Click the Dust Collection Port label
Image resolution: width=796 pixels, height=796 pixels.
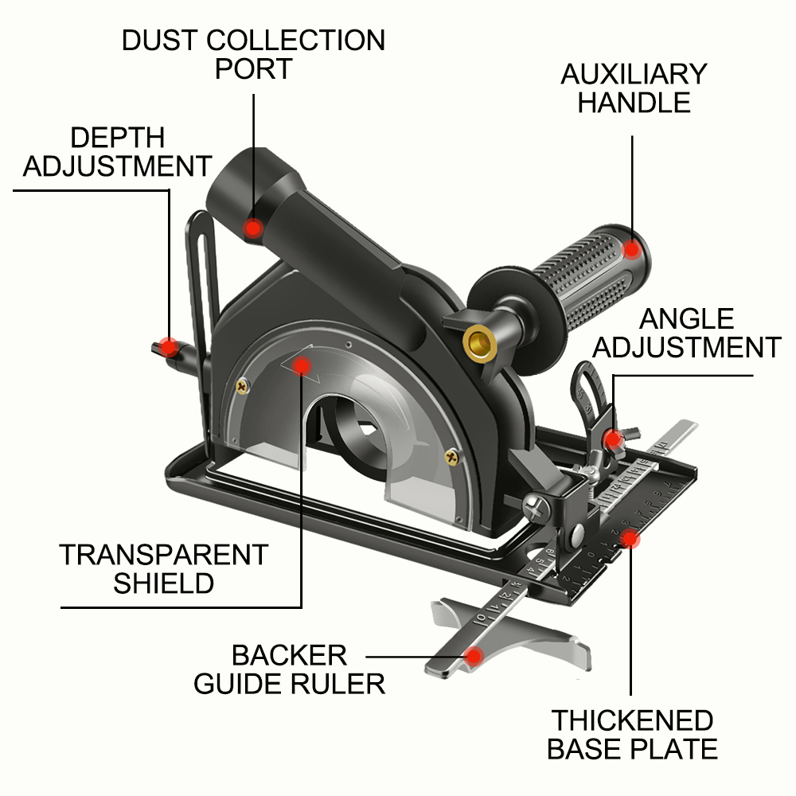click(253, 54)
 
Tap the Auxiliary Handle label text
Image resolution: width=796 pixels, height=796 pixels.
click(634, 88)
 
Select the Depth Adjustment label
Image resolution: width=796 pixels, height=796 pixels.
click(117, 152)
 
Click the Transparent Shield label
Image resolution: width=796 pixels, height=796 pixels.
click(164, 568)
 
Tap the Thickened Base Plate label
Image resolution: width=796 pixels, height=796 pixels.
click(634, 735)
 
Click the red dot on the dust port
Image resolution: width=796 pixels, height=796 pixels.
click(253, 228)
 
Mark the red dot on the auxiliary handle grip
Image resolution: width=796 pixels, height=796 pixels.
click(632, 250)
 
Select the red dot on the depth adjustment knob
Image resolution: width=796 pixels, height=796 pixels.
click(169, 347)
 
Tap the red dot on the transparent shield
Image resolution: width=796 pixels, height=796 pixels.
click(301, 365)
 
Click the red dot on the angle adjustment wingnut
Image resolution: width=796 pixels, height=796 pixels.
click(612, 439)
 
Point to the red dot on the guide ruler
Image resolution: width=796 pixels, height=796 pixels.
click(475, 657)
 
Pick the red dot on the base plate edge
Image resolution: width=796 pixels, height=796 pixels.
click(630, 540)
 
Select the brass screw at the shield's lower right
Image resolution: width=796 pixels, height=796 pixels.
click(452, 457)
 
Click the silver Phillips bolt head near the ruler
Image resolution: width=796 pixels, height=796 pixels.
click(534, 505)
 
